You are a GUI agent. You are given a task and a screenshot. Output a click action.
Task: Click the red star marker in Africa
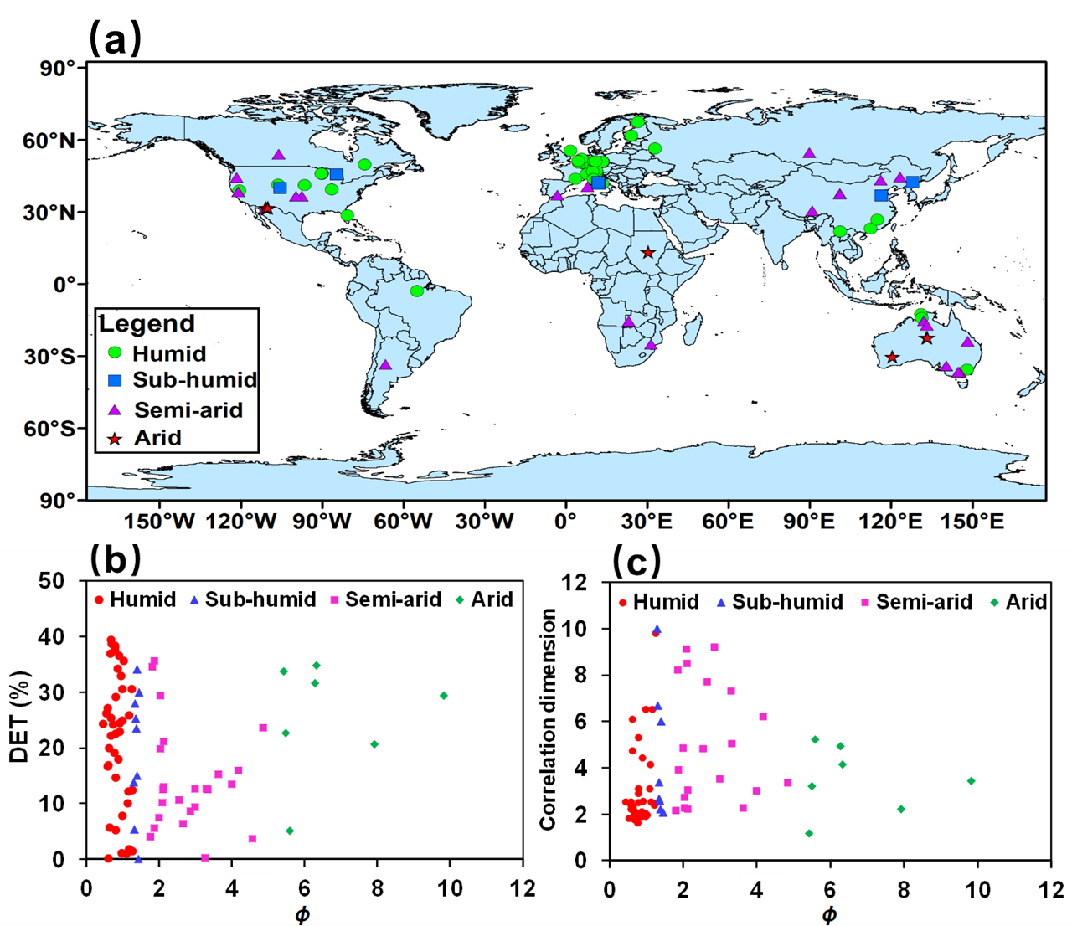click(x=647, y=252)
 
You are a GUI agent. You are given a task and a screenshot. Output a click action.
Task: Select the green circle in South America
click(x=417, y=291)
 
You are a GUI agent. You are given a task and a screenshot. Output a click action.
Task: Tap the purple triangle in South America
click(x=385, y=364)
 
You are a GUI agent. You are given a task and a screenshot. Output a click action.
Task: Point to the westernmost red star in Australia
click(x=892, y=358)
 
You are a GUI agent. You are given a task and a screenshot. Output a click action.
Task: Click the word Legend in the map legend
click(x=147, y=323)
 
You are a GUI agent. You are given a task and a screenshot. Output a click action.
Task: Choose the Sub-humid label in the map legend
click(x=194, y=380)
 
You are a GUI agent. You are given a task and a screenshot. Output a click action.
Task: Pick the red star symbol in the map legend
click(x=116, y=438)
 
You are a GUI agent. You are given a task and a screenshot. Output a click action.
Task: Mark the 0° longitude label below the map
click(x=565, y=522)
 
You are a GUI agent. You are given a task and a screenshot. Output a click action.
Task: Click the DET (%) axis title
click(x=18, y=716)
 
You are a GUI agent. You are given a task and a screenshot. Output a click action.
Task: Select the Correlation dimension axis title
click(x=548, y=719)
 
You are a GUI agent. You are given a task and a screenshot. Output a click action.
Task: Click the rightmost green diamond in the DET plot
click(x=444, y=696)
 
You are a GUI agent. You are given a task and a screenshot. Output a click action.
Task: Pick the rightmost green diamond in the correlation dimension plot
click(x=971, y=780)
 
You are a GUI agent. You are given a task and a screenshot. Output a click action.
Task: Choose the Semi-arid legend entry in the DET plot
click(x=393, y=599)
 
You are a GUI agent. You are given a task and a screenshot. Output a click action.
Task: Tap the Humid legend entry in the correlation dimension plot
click(x=666, y=602)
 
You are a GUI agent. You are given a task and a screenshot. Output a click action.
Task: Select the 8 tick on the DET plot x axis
click(x=378, y=888)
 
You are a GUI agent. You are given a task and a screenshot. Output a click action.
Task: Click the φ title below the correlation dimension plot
click(x=829, y=914)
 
